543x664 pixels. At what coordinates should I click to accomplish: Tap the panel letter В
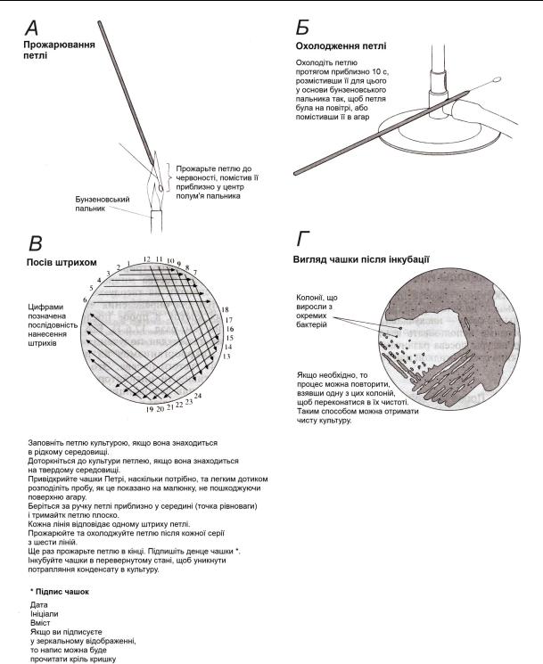click(x=38, y=242)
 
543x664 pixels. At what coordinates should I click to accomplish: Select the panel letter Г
click(x=304, y=240)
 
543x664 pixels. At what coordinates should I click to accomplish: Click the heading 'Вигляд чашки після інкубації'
click(x=362, y=259)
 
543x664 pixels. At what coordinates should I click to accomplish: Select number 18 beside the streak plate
click(x=225, y=309)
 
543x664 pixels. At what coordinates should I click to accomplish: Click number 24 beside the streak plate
click(x=198, y=394)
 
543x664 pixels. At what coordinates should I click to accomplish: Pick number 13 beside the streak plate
click(x=226, y=357)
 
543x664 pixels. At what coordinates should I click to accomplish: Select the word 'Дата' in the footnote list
click(x=38, y=604)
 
